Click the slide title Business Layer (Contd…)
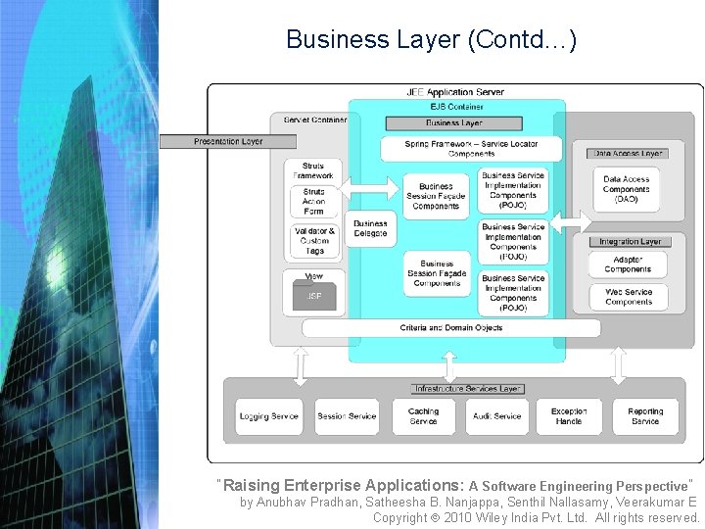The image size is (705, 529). point(431,40)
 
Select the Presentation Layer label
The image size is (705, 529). point(228,141)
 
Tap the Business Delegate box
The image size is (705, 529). point(370,229)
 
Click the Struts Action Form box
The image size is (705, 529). point(313,202)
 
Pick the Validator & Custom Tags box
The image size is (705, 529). point(314,241)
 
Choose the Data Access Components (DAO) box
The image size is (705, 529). point(626,189)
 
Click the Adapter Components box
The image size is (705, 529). point(628,264)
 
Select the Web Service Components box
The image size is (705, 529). point(628,297)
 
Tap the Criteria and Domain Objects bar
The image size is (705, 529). point(450,327)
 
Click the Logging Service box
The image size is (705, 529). point(268,416)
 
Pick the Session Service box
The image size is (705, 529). point(347,416)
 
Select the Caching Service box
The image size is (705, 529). point(423,416)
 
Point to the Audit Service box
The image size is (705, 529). point(497,416)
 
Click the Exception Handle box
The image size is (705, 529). point(569,416)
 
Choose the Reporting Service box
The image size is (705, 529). point(645,416)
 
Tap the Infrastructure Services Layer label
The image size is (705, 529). point(467,389)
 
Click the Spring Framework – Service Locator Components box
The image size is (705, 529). point(471,148)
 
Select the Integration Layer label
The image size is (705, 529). point(630,241)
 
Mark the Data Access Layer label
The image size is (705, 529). point(628,153)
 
